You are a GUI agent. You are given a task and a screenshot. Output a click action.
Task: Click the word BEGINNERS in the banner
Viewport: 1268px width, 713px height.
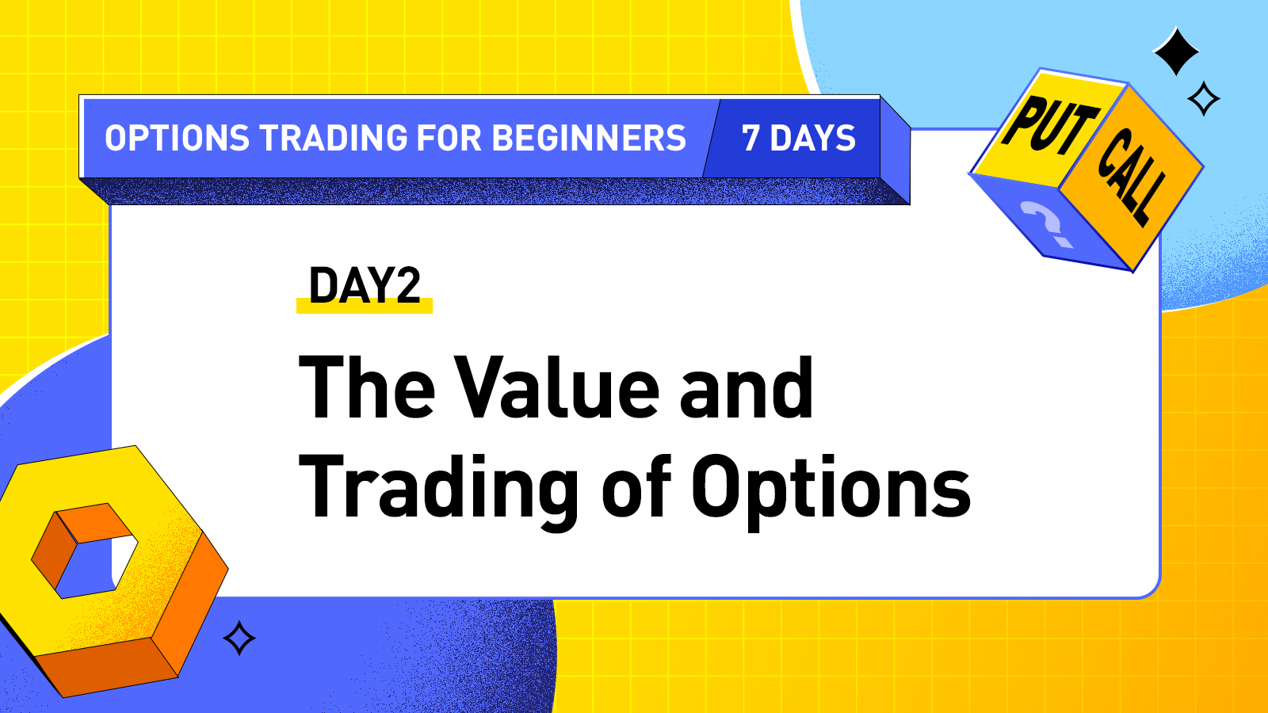(589, 139)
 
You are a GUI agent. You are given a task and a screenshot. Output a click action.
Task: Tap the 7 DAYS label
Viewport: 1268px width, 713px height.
(798, 139)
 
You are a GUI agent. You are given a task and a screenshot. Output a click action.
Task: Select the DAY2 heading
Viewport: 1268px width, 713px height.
(365, 286)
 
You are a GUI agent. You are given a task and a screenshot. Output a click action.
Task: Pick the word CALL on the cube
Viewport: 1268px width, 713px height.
(1132, 176)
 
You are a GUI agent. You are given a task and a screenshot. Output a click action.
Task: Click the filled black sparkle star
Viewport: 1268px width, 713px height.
(1176, 51)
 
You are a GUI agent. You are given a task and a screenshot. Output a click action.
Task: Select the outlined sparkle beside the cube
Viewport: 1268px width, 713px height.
(1204, 99)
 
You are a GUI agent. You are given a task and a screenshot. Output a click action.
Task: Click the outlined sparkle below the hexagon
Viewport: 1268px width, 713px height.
(239, 638)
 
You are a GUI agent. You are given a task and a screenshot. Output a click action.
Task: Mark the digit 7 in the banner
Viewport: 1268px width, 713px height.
(750, 139)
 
